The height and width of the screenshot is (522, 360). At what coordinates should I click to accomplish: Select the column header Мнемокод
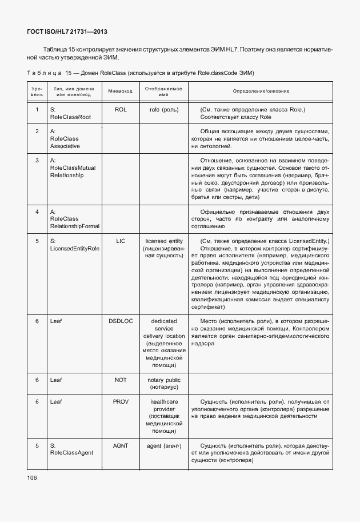120,91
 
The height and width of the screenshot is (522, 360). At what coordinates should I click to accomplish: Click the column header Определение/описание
261,91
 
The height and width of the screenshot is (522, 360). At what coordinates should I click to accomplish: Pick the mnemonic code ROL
120,109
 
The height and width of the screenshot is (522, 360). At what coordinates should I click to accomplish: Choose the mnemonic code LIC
120,241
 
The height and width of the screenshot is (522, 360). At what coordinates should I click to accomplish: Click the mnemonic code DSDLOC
120,321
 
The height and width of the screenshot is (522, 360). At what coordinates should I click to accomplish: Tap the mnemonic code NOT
120,380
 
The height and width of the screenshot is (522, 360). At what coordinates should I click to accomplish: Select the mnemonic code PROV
120,402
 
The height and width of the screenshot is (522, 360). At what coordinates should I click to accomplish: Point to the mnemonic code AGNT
120,445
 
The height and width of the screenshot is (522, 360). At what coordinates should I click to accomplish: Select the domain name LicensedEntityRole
75,249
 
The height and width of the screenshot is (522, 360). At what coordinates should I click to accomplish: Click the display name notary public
163,380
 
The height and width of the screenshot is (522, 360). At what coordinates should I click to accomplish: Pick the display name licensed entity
163,241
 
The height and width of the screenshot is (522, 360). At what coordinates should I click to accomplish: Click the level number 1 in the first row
37,109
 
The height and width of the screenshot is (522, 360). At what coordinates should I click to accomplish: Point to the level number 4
37,212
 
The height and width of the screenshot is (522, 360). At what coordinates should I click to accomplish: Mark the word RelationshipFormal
75,226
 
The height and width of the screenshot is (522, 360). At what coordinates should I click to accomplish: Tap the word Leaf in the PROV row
56,402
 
